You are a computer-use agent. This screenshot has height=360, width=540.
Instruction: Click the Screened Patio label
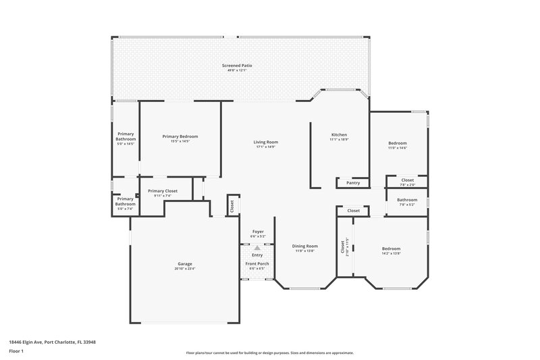tap(237, 66)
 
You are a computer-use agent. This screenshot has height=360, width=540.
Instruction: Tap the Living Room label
tap(266, 142)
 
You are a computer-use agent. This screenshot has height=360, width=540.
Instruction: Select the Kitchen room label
tap(338, 134)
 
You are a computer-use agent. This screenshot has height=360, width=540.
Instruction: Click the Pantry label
tap(352, 183)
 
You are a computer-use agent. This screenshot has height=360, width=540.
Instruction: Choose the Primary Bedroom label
tap(180, 136)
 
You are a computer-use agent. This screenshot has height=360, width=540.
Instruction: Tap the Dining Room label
tap(304, 246)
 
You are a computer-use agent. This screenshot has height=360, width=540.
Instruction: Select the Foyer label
tap(258, 232)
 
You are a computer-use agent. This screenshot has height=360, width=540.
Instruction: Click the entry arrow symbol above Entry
tap(257, 248)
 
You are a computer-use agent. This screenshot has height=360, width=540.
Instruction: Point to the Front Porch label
tap(257, 263)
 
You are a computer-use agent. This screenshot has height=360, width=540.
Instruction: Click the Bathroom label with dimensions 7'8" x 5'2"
tap(406, 200)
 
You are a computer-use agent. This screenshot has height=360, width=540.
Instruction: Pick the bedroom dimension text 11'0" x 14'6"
tap(398, 148)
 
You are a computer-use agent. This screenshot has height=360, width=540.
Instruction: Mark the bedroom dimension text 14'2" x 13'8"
tap(391, 253)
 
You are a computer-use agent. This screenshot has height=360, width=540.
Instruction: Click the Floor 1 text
tap(16, 352)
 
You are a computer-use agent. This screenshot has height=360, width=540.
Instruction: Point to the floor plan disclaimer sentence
tap(269, 353)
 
